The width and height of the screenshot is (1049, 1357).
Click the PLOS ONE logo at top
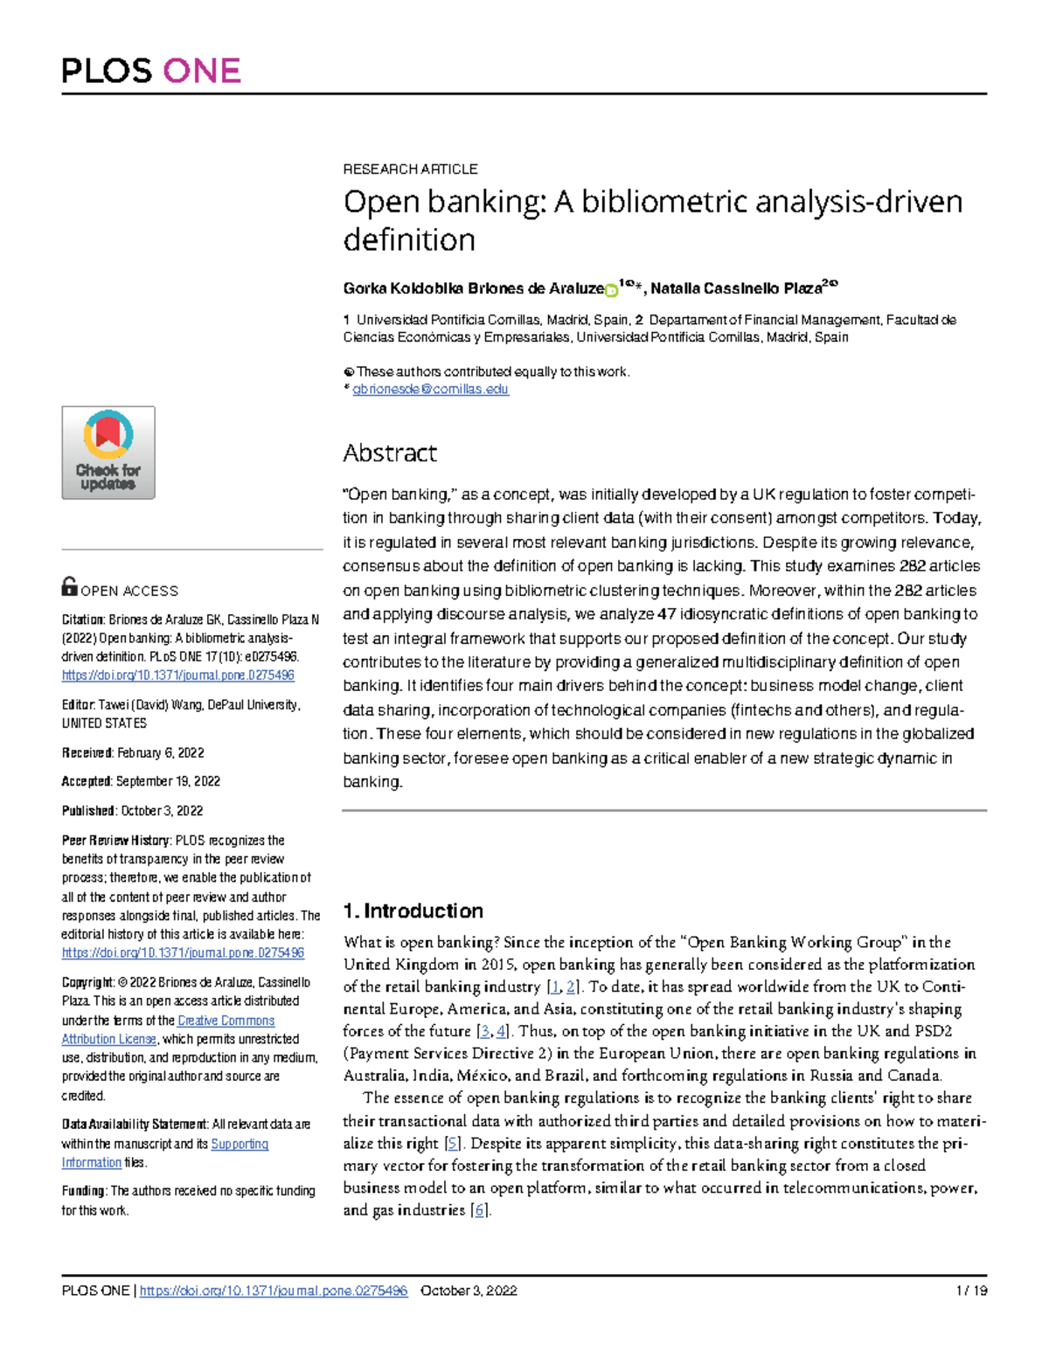(x=151, y=71)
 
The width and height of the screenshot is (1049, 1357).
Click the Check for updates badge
(x=108, y=453)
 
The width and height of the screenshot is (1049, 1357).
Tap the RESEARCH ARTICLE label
(x=410, y=169)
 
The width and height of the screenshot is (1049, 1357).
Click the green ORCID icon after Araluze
(x=611, y=290)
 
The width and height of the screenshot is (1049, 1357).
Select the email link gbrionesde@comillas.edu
(x=430, y=390)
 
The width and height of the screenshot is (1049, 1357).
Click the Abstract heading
(x=389, y=453)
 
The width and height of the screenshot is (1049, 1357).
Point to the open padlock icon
(x=69, y=586)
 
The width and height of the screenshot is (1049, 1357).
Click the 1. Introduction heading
(x=413, y=910)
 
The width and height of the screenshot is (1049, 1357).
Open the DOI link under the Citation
(x=177, y=675)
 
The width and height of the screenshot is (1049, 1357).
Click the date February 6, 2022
(x=161, y=752)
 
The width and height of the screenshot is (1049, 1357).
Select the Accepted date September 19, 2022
(x=168, y=781)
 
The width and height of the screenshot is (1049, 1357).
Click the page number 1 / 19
(x=971, y=1291)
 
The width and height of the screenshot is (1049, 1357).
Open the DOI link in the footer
(x=274, y=1291)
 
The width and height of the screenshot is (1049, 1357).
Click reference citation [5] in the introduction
(x=452, y=1143)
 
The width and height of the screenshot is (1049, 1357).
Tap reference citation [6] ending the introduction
(x=479, y=1210)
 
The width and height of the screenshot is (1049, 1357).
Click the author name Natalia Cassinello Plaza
(x=735, y=288)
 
